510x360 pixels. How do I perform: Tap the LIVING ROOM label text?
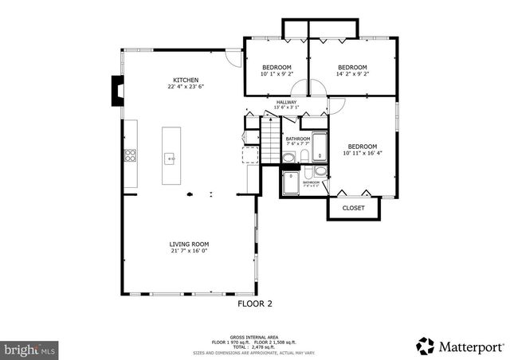click(188, 245)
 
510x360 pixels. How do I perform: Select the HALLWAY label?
click(286, 103)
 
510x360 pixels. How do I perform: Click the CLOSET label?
click(353, 208)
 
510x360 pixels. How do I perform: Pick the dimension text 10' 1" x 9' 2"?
click(276, 74)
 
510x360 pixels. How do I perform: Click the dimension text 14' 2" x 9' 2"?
click(352, 74)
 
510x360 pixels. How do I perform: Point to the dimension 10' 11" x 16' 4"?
click(362, 154)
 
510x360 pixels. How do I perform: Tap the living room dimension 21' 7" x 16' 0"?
click(188, 252)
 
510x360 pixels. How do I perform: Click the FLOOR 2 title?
click(255, 303)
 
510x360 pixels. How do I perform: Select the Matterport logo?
click(460, 345)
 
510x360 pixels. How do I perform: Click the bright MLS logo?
click(30, 349)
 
